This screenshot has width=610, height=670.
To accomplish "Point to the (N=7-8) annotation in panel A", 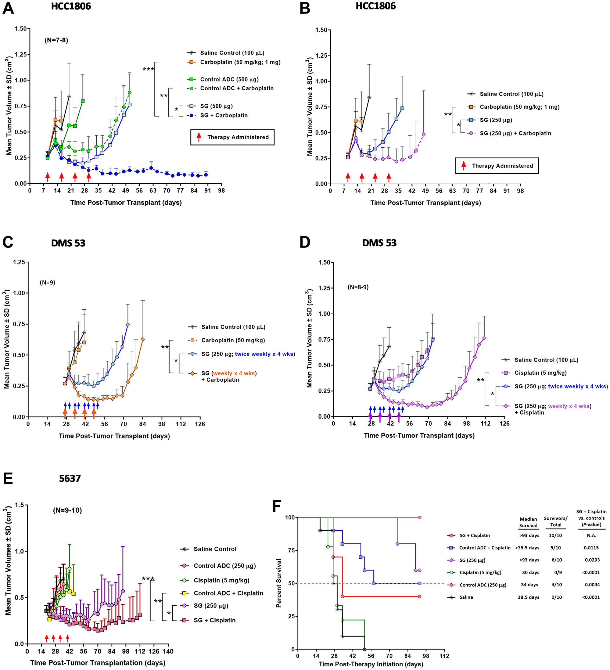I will (56, 40).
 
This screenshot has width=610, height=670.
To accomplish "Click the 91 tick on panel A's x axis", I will (208, 190).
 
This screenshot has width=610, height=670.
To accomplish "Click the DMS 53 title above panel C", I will (68, 243).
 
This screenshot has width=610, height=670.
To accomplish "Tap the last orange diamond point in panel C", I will (143, 339).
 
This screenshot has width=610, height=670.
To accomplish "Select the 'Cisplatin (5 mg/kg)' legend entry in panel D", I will (540, 373).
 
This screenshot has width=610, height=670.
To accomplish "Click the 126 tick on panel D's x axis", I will (504, 423).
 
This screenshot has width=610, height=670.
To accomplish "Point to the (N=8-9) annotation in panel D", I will (358, 287).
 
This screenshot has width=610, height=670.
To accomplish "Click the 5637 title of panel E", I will (70, 479).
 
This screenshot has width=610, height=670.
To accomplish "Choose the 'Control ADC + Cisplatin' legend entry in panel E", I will (228, 593).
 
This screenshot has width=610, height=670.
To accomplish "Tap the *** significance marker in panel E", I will (148, 579).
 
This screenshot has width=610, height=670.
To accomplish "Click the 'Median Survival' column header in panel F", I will (528, 522).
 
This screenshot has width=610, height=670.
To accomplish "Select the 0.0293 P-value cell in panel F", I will (591, 560).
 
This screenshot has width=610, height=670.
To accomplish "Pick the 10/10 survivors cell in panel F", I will (555, 535).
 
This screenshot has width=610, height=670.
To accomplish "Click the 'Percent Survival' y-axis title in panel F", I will (279, 583).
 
